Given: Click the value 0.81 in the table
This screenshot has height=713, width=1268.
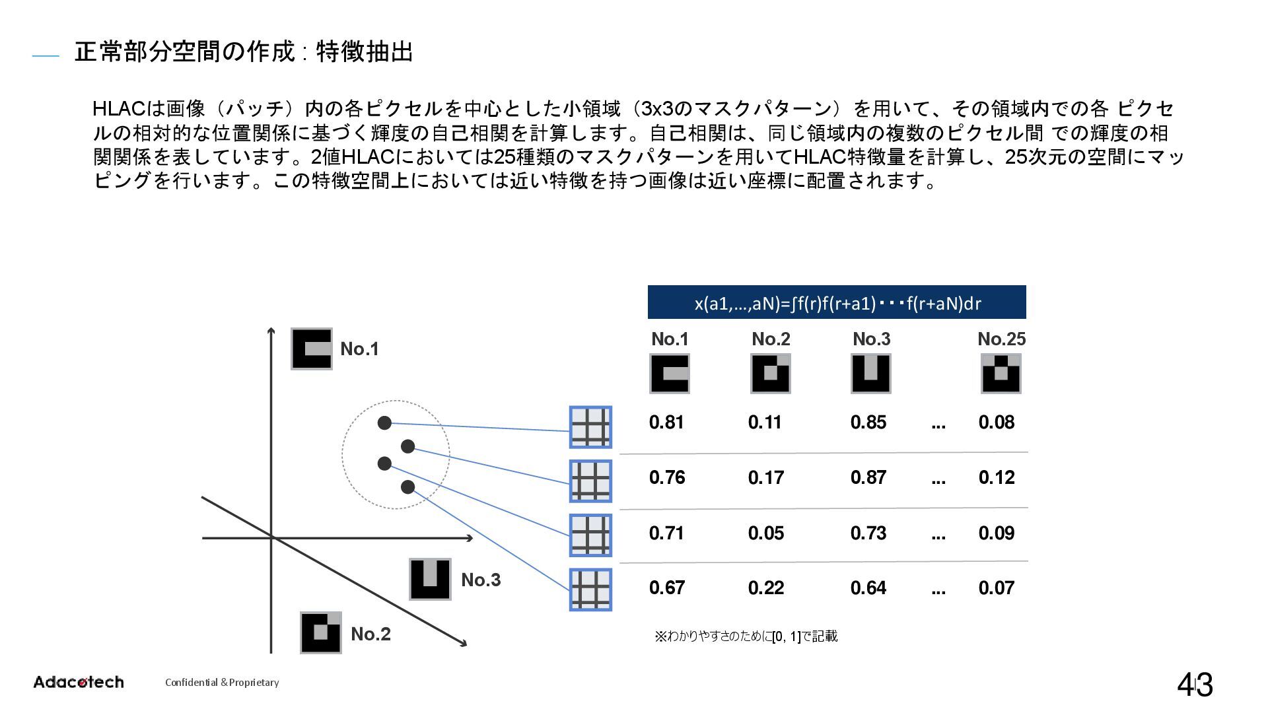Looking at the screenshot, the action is coord(666,423).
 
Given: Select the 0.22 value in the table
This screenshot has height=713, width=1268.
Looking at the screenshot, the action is coord(766,588).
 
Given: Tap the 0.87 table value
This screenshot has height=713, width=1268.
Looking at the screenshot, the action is coord(868,477).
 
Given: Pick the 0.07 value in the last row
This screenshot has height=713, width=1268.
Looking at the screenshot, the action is coord(996,588).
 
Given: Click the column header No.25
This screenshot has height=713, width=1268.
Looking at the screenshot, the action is coord(1001,339).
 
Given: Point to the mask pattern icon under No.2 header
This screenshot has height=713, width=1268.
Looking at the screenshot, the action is coord(770,374).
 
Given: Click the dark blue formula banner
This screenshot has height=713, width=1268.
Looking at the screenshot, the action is coord(837,302).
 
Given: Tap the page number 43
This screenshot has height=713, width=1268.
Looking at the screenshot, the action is coord(1195,685).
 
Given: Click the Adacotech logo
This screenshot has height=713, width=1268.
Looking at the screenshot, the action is coord(79,682).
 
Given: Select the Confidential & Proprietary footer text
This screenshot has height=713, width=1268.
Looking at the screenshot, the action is coord(222,683).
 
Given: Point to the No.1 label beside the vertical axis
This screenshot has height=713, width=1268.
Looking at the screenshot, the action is coord(359,349).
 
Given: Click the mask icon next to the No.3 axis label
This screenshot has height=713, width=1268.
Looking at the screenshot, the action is coord(430,579).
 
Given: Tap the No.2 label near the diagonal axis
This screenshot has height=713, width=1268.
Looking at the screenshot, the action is coord(370,634).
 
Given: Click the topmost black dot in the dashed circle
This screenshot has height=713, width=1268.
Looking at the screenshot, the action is coord(384,423).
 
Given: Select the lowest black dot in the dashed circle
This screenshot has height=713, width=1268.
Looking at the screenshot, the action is coord(407,487).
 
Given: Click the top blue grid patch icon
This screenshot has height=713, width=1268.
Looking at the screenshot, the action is coord(590,427).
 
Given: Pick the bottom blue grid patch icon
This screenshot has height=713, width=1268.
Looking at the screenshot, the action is coord(590,590).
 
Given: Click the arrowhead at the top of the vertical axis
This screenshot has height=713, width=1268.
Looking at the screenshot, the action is coord(271,331).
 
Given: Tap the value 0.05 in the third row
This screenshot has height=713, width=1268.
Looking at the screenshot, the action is coord(766,533).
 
